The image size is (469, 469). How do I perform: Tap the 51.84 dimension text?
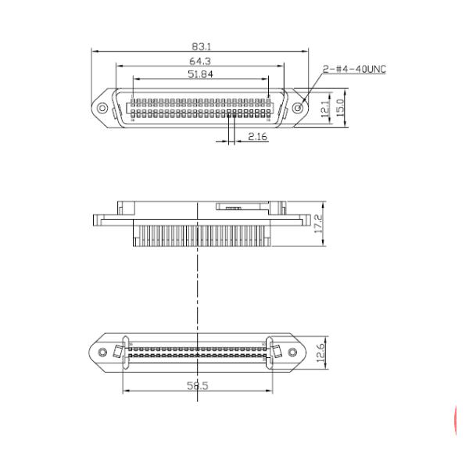tap(199, 73)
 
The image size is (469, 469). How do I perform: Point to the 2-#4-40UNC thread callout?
tap(354, 69)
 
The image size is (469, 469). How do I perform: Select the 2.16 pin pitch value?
tap(257, 137)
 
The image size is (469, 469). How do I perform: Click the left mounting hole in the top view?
tap(102, 106)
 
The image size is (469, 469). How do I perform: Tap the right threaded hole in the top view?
tap(298, 106)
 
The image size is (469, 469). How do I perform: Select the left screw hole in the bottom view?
tap(101, 353)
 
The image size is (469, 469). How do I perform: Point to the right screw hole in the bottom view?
tap(293, 353)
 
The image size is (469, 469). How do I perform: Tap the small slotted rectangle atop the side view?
tap(233, 206)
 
